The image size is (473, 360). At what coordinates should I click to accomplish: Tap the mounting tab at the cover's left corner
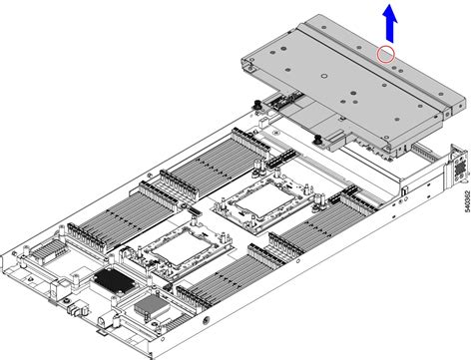point(249,62)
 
